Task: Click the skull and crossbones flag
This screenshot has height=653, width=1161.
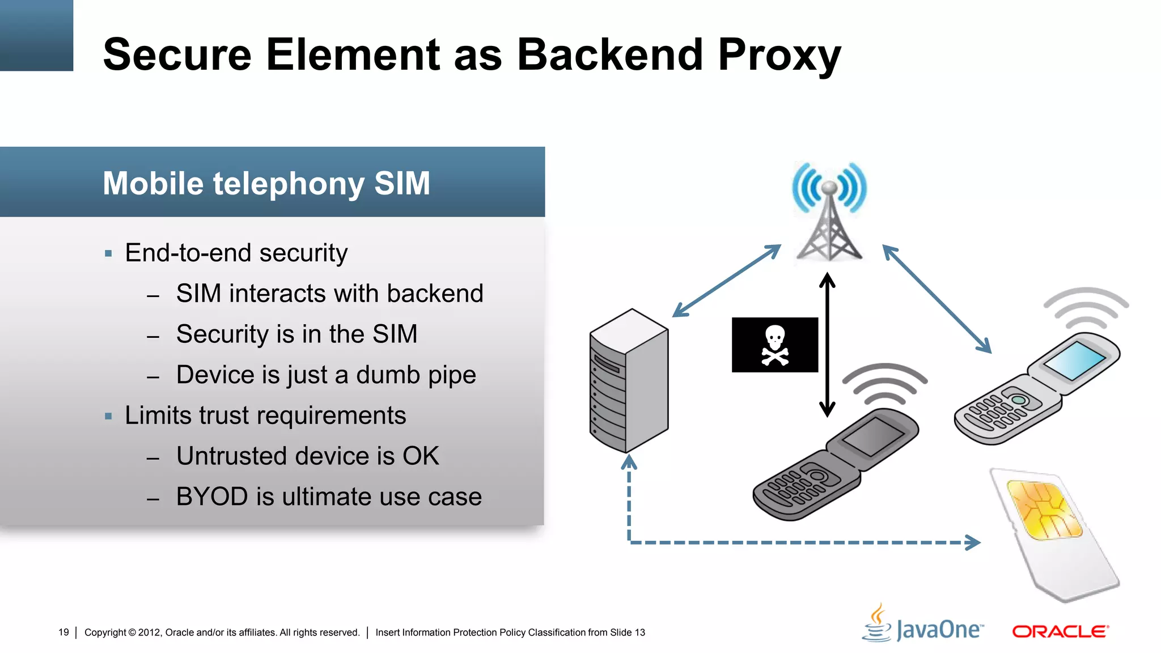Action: tap(774, 345)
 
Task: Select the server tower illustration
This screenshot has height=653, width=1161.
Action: tap(629, 380)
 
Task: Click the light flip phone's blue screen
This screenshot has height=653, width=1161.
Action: tap(1075, 361)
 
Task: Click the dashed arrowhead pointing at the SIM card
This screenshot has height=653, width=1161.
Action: tap(973, 542)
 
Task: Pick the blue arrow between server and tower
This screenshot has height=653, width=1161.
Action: tap(727, 281)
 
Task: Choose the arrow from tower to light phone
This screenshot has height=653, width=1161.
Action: tap(937, 299)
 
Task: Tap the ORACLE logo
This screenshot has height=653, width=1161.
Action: tap(1060, 631)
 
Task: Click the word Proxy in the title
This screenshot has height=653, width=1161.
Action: tap(779, 56)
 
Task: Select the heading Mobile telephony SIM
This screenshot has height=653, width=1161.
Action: tap(266, 183)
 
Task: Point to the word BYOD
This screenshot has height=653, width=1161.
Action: tap(212, 497)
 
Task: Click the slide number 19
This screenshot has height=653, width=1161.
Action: tap(63, 632)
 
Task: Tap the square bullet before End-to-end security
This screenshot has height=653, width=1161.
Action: tap(108, 253)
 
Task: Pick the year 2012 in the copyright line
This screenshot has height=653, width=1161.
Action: tap(149, 632)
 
